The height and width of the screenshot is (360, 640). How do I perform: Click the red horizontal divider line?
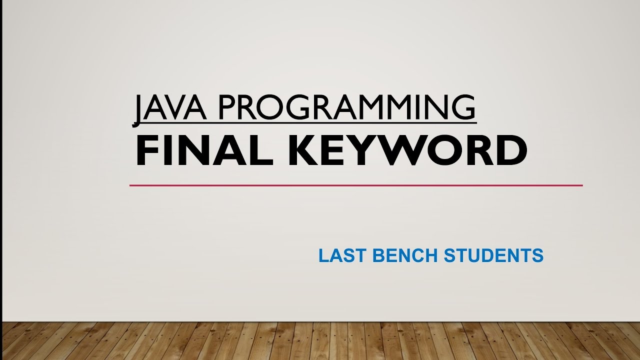[356, 185]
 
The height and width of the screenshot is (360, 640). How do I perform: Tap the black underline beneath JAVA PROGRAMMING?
[305, 121]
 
